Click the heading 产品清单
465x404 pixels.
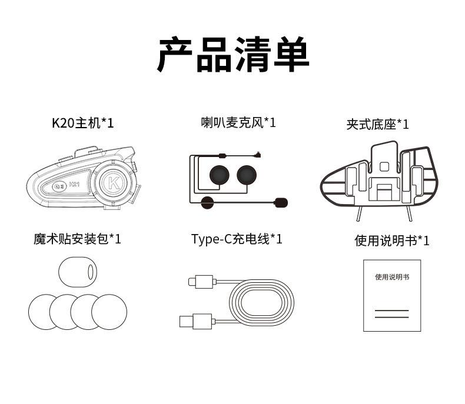point(233,55)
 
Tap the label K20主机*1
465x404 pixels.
point(82,123)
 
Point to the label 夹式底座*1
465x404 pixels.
point(377,124)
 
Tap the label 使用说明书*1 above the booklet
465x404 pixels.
point(391,241)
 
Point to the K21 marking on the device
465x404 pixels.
point(74,185)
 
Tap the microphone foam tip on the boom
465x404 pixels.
point(281,203)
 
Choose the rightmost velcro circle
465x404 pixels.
point(109,312)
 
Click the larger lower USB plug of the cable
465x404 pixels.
point(191,322)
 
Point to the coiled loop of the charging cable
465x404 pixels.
point(262,303)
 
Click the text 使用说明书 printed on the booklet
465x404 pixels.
point(391,276)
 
